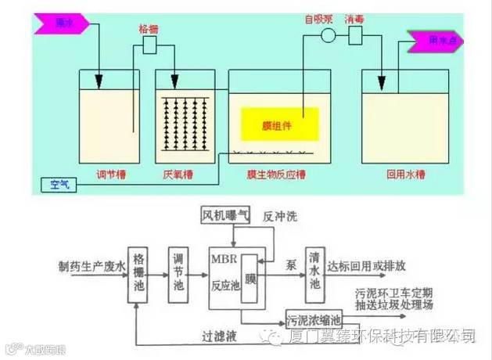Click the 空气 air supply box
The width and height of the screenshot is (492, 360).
coord(59,185)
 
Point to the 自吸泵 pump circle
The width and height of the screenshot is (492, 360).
coord(328,35)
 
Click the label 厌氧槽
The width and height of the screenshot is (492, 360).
coord(183,174)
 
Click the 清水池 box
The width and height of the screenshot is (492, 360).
coord(314,269)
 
